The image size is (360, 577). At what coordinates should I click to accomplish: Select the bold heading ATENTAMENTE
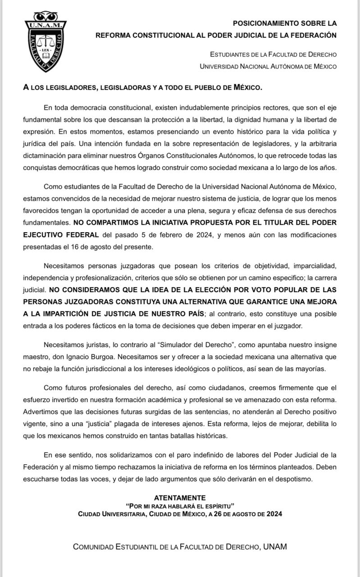(180, 498)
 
